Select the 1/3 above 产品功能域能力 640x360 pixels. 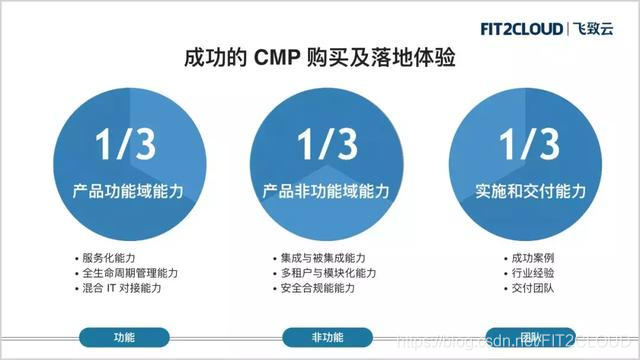tap(125, 145)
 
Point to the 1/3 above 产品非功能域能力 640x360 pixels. tap(326, 145)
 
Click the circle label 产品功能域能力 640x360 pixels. tap(125, 190)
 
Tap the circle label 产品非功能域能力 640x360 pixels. tap(326, 190)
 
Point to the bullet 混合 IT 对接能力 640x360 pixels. tap(121, 288)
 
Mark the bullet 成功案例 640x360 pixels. tap(531, 258)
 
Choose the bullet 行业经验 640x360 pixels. tap(531, 273)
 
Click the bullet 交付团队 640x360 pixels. tap(531, 288)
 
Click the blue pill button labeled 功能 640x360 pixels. tap(124, 337)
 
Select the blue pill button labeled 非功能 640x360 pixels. tap(326, 337)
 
